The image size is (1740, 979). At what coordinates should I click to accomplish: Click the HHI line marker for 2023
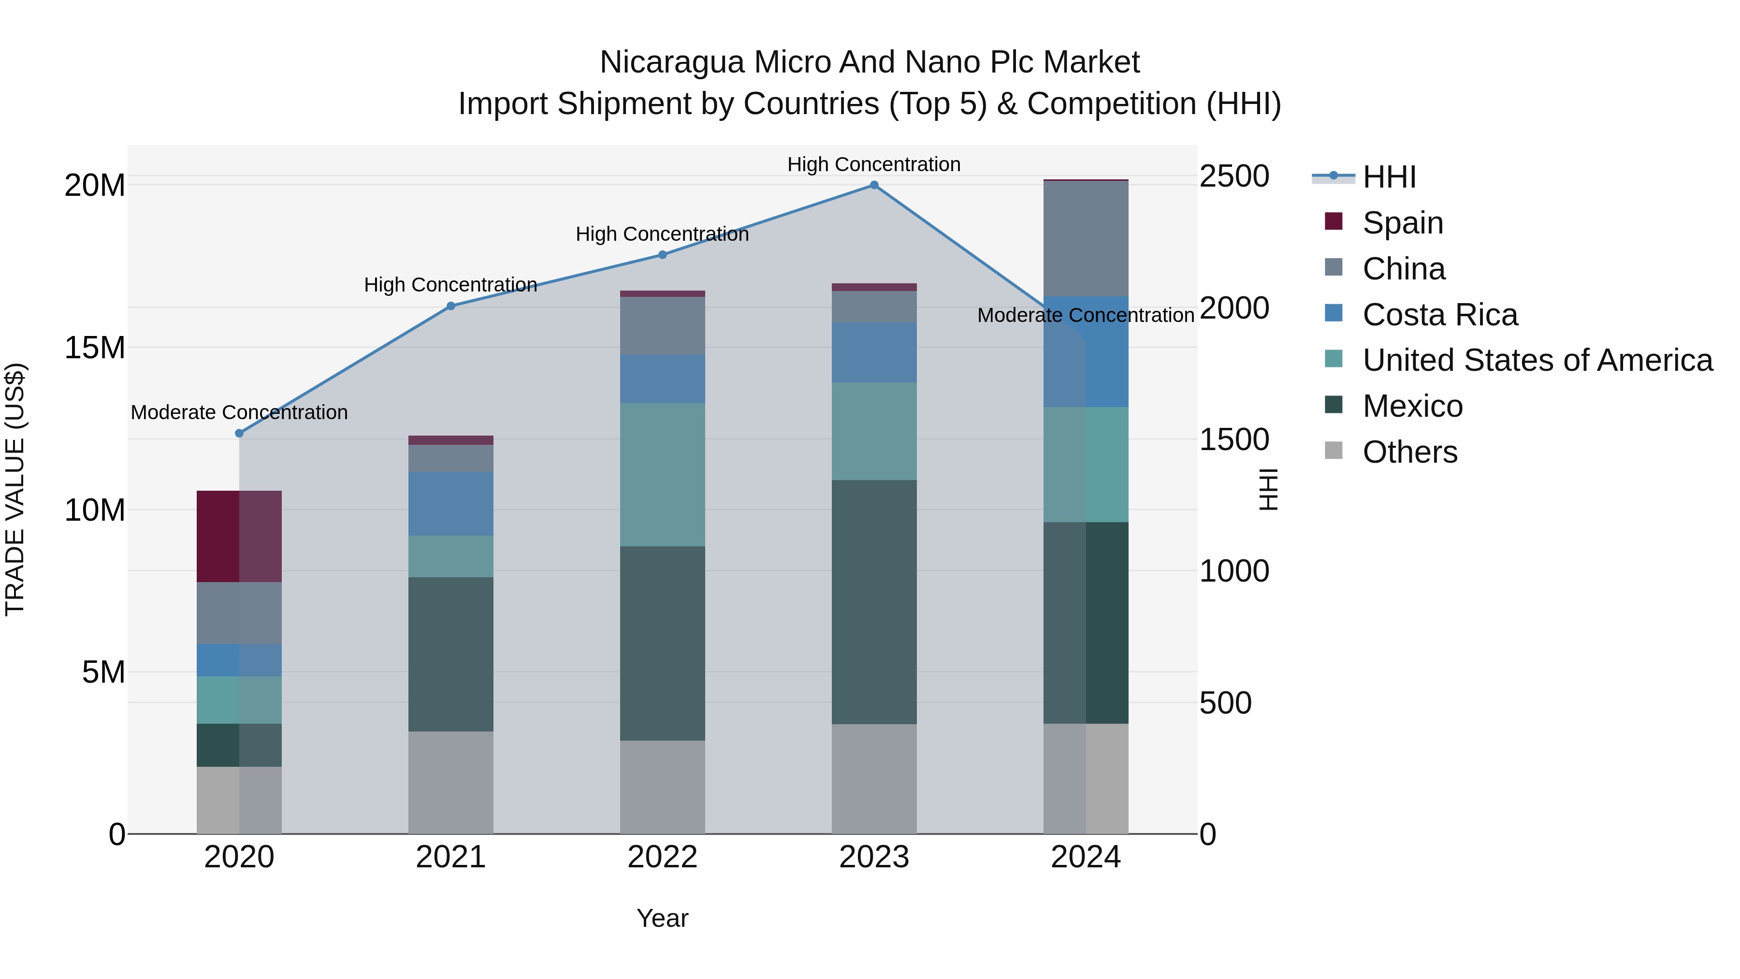874,185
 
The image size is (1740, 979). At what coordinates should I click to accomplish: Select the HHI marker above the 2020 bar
239,433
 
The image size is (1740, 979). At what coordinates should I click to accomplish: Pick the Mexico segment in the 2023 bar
874,601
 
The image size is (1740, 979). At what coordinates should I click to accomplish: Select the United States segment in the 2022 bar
662,474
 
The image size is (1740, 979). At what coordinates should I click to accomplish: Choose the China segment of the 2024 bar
1086,238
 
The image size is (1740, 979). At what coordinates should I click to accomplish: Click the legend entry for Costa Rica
1439,315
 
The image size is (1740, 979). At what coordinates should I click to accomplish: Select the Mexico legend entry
1412,406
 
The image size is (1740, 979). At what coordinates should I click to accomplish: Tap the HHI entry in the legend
1388,177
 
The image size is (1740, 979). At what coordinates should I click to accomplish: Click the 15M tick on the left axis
95,348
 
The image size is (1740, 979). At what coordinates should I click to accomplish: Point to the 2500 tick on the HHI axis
1234,176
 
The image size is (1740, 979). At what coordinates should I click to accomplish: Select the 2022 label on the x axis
662,857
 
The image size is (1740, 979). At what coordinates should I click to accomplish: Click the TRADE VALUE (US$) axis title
15,489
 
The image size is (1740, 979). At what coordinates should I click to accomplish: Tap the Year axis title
662,918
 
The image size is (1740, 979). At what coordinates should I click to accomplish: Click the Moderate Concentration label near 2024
1086,316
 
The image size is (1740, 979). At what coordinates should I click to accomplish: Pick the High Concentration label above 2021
450,285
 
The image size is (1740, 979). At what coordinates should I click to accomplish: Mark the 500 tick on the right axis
1225,702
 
